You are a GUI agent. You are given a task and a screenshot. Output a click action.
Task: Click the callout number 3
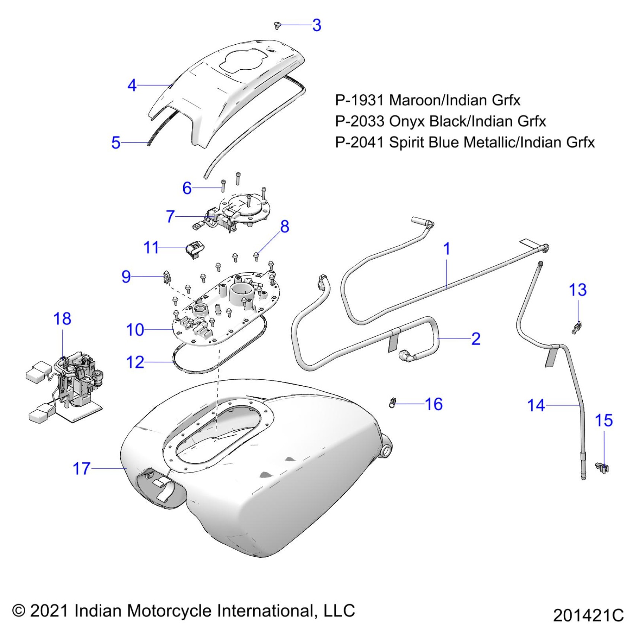[x=316, y=25]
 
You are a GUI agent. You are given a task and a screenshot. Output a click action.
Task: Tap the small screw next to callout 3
[x=277, y=25]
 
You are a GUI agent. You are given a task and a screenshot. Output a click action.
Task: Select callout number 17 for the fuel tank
[x=82, y=468]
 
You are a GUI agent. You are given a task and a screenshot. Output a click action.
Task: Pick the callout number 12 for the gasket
[x=135, y=362]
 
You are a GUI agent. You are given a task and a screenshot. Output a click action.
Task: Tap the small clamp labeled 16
[x=392, y=403]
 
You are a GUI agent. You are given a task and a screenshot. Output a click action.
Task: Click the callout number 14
[x=536, y=405]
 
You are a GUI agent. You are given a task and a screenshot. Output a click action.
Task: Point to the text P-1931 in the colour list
[x=359, y=100]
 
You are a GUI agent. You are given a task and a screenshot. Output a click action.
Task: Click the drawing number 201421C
[x=588, y=615]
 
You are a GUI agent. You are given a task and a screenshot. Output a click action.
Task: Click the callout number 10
[x=135, y=330]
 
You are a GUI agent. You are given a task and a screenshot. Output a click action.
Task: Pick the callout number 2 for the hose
[x=475, y=339]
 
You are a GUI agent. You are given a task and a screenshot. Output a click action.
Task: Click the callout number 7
[x=170, y=216]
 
